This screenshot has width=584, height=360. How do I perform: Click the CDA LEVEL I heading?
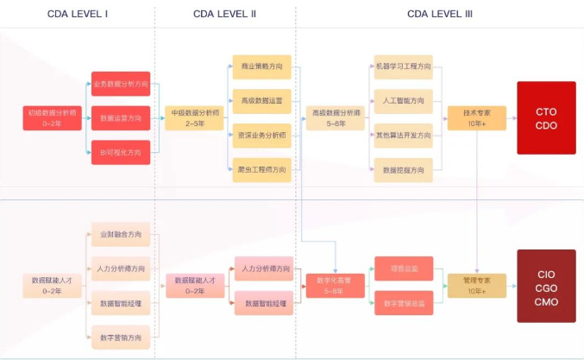(78, 14)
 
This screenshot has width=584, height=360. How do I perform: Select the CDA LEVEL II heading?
(224, 14)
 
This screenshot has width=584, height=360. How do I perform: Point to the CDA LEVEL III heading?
(439, 14)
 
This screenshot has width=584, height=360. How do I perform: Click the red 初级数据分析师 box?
(52, 117)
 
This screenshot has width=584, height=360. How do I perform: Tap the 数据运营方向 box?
(121, 117)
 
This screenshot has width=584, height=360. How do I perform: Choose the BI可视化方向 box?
(121, 152)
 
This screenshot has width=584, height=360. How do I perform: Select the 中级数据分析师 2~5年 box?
(194, 117)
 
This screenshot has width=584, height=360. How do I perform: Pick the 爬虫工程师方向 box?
(261, 169)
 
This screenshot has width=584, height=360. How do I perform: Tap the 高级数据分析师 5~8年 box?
(335, 117)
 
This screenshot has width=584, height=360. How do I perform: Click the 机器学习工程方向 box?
(403, 66)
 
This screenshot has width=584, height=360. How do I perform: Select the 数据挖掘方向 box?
(403, 169)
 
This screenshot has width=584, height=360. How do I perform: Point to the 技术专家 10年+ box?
(476, 117)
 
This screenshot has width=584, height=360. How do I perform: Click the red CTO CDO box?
(545, 117)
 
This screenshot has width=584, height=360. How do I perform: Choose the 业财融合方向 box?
(121, 234)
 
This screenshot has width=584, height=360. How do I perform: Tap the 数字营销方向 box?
(121, 337)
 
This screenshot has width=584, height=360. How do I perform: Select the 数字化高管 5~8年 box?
(335, 285)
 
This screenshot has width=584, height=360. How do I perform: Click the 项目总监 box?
(403, 268)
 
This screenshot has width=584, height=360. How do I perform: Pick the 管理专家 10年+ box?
(476, 285)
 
